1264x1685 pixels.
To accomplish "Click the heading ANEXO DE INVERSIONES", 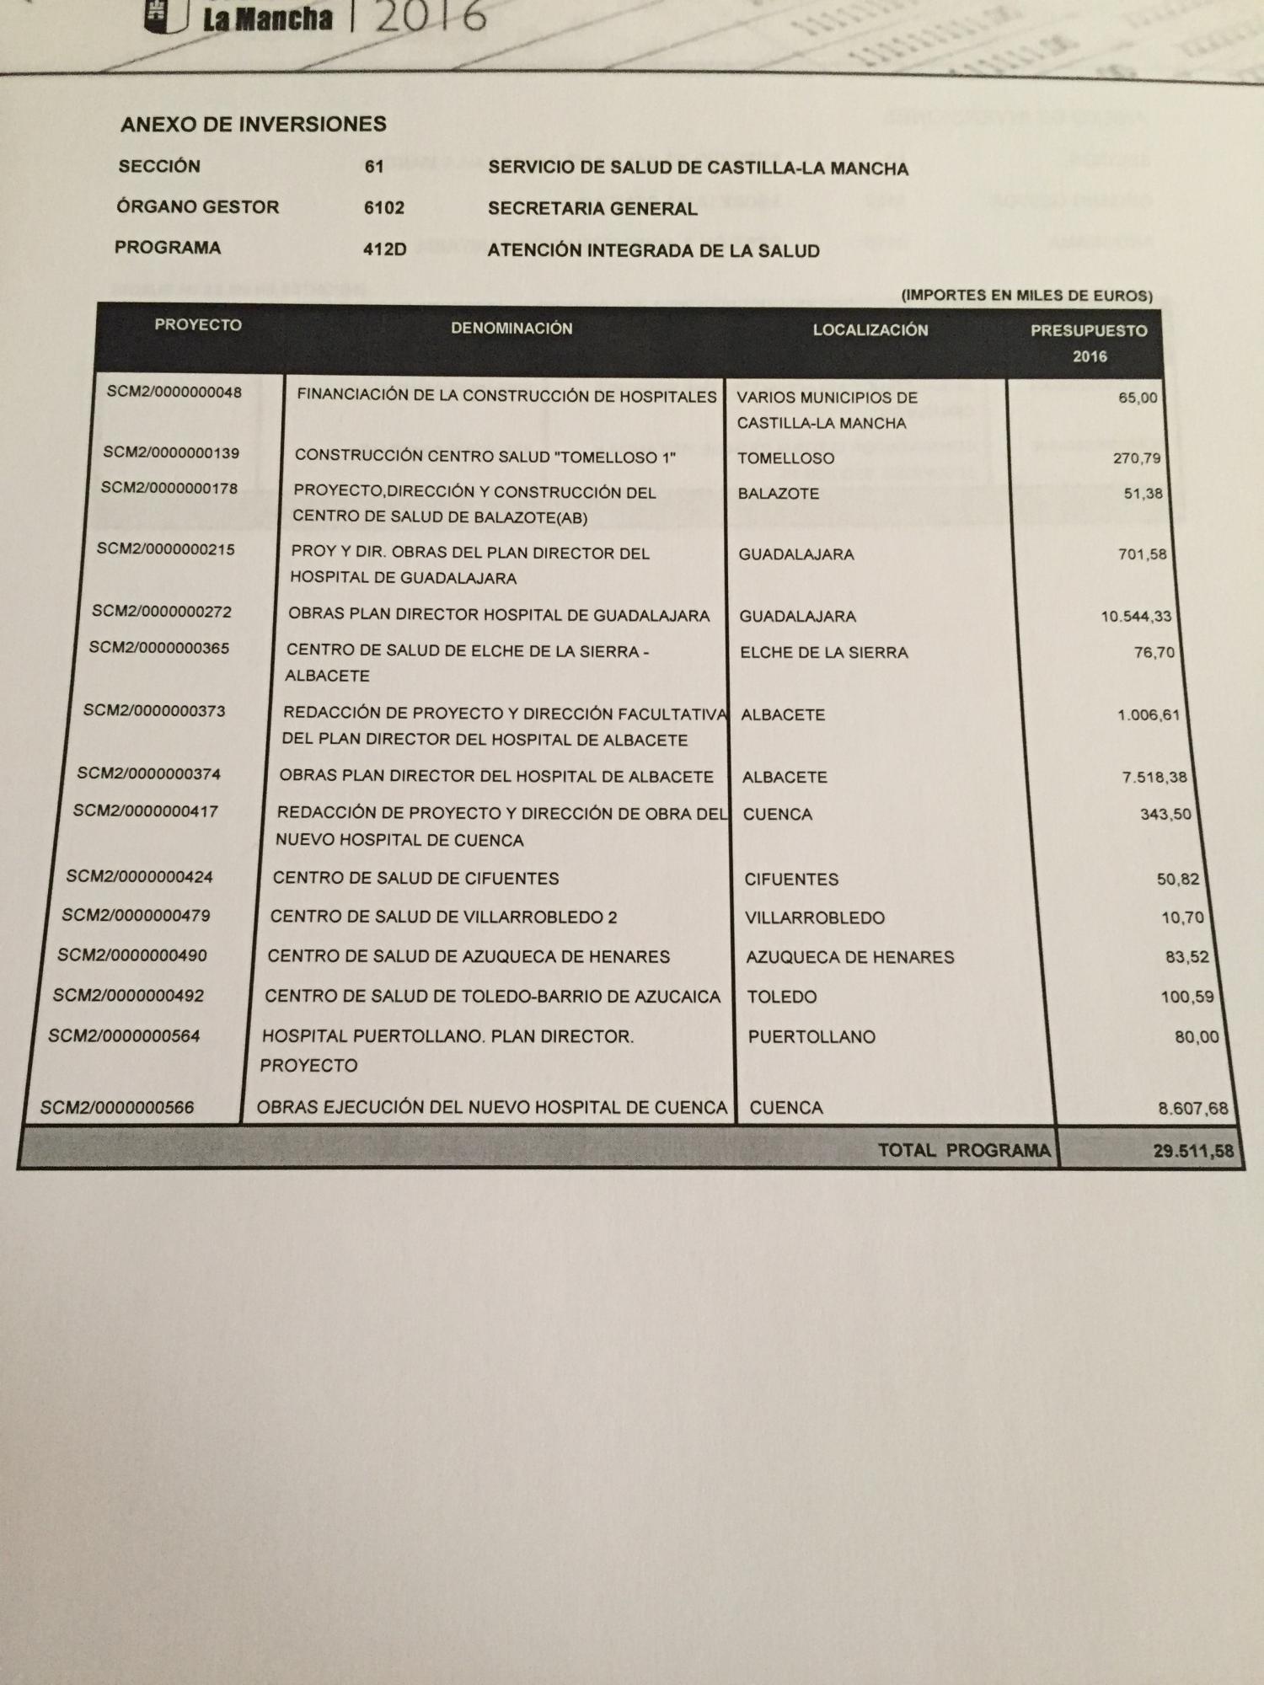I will [x=253, y=125].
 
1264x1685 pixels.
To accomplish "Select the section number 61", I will [x=374, y=167].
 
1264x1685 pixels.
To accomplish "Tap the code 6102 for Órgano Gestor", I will [x=384, y=208].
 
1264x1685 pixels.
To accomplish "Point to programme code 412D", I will [x=385, y=249].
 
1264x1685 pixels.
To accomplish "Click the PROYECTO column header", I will [x=198, y=325].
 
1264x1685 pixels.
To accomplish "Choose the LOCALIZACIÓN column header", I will [x=870, y=330].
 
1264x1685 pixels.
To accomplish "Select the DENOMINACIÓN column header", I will [x=511, y=329].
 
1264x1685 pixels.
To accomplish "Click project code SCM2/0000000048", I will [x=174, y=392].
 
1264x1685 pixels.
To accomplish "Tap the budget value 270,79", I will [x=1137, y=458].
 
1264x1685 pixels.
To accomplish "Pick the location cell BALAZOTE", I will [x=778, y=494].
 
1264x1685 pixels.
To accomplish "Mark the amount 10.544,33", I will [x=1136, y=617].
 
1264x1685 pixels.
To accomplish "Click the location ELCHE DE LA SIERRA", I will [x=823, y=653].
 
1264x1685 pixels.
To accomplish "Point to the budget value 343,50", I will [x=1165, y=815].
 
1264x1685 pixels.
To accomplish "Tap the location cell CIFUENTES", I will [x=791, y=880].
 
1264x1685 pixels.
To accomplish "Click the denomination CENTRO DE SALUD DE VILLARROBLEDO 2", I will [x=443, y=917].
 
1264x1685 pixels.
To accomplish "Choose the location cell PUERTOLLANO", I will [x=811, y=1037].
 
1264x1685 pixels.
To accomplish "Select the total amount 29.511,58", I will [x=1193, y=1151].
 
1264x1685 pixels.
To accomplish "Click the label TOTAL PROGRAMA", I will [x=964, y=1151].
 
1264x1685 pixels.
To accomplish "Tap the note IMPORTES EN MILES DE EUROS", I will [x=1026, y=296].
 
